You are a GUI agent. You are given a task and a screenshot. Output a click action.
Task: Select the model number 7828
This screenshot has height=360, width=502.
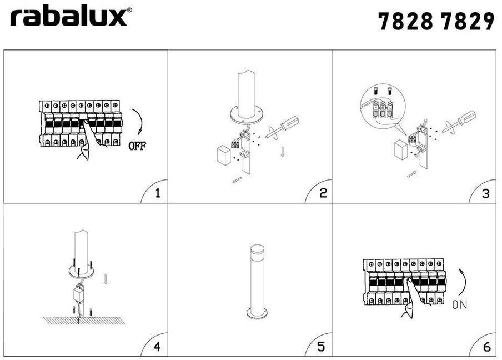pos(406,21)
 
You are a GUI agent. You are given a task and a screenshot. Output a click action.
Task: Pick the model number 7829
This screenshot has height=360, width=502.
pos(468,21)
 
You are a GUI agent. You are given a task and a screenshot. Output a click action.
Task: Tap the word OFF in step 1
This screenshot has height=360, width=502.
pos(137,146)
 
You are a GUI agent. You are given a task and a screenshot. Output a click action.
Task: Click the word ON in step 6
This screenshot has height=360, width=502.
pos(460,304)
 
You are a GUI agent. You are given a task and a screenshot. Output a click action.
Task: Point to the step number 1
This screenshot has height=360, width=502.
pos(157,193)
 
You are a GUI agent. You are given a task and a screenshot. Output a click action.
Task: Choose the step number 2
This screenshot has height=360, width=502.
pos(323,193)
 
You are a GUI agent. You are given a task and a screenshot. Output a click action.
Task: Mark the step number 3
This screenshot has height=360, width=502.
pos(486,193)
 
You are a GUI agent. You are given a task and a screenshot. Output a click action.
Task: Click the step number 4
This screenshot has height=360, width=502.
pos(157,347)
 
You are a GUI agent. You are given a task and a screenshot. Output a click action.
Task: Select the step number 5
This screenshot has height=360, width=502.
pos(321,347)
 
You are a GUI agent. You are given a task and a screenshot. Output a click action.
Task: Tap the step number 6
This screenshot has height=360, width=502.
pos(487,347)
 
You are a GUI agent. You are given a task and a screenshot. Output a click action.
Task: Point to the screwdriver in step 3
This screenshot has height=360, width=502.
pos(459,121)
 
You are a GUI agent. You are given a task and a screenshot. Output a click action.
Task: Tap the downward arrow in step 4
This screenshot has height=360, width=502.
pos(106,279)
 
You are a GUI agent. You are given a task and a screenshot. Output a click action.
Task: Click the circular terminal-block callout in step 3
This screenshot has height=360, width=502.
pos(383,106)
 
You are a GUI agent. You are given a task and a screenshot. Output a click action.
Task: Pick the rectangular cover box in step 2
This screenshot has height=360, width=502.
pos(224,156)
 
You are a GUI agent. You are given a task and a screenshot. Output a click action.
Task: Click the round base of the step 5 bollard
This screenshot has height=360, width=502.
pos(257,313)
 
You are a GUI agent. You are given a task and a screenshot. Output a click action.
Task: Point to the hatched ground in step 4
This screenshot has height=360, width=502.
pos(84,321)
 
